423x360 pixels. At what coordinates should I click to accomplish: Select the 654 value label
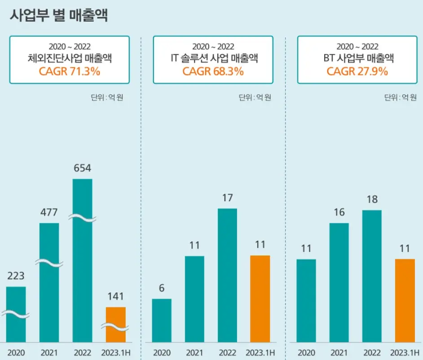pyautogui.click(x=82, y=168)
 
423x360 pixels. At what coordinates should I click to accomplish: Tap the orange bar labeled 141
pyautogui.click(x=115, y=324)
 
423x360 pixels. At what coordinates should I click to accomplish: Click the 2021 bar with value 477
pyautogui.click(x=49, y=283)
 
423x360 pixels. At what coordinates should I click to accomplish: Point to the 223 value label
pyautogui.click(x=16, y=276)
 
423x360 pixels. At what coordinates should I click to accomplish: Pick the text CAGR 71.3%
pyautogui.click(x=70, y=71)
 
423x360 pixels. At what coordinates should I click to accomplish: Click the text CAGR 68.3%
pyautogui.click(x=213, y=71)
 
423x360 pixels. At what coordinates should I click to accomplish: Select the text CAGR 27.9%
pyautogui.click(x=357, y=71)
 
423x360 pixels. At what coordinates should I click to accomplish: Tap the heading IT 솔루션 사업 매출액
pyautogui.click(x=213, y=58)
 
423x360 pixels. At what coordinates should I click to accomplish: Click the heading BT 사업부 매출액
pyautogui.click(x=357, y=58)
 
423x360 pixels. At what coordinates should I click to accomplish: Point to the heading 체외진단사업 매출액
pyautogui.click(x=70, y=58)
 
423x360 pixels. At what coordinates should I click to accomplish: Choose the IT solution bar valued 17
pyautogui.click(x=227, y=275)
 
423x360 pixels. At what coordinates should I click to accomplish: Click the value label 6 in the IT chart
pyautogui.click(x=162, y=288)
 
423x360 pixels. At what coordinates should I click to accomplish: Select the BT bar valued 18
pyautogui.click(x=372, y=276)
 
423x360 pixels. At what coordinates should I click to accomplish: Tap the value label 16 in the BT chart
pyautogui.click(x=339, y=212)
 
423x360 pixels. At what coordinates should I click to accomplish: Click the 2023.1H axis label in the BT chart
pyautogui.click(x=405, y=353)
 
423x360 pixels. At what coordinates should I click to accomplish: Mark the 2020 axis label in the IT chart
pyautogui.click(x=162, y=353)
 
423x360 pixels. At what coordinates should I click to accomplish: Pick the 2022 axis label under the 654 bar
pyautogui.click(x=82, y=353)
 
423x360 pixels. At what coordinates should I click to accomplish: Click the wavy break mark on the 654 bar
pyautogui.click(x=82, y=218)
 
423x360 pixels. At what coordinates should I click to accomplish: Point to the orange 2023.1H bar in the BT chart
pyautogui.click(x=405, y=301)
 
